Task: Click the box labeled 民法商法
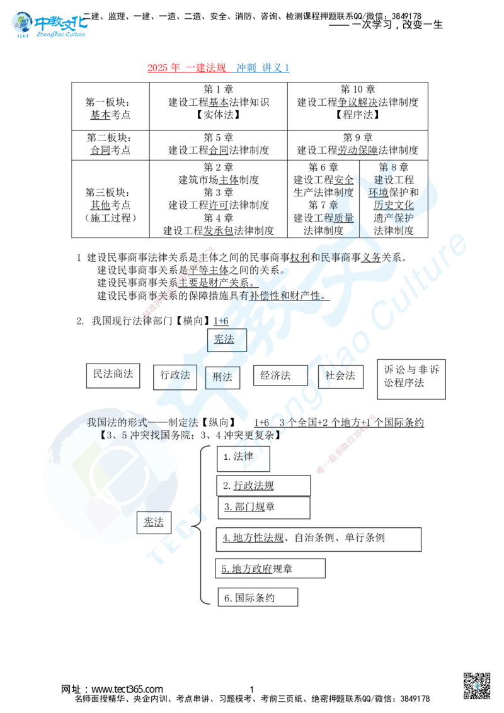[x=113, y=374]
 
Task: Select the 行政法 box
[x=175, y=375]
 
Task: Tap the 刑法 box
[x=222, y=377]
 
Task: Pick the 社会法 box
[x=341, y=375]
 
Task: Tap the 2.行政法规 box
[x=263, y=486]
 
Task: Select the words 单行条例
[x=364, y=537]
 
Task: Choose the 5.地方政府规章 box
[x=270, y=569]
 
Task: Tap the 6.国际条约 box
[x=257, y=598]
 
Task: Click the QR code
[x=478, y=686]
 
